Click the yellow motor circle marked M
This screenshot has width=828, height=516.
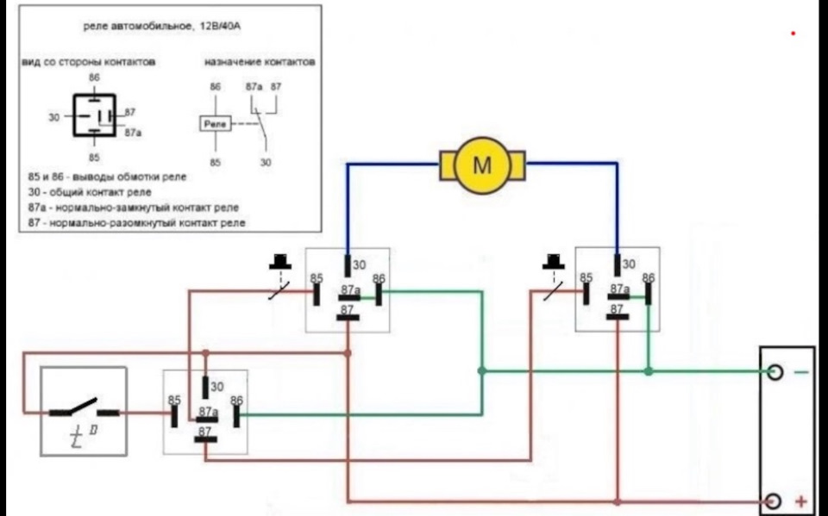coord(481,165)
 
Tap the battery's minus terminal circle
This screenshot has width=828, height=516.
coord(775,372)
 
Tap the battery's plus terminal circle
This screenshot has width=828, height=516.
coord(775,501)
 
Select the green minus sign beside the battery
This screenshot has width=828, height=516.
coord(800,372)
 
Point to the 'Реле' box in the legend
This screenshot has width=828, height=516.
coord(216,125)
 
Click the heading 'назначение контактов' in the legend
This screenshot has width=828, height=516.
coord(259,63)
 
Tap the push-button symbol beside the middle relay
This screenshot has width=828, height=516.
coord(279,274)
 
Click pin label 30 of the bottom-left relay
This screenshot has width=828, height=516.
coord(217,387)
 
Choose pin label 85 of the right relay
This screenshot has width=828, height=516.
coord(586,278)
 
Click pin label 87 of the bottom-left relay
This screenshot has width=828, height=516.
coord(205,431)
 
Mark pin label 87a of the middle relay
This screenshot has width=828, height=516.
coord(350,290)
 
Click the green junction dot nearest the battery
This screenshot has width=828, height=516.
coord(649,371)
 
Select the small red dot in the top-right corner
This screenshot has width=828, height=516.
coord(793,34)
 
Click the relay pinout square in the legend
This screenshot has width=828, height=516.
coord(92,116)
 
